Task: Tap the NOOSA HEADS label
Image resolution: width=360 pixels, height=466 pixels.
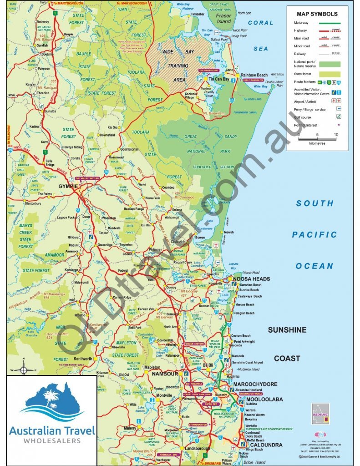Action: pyautogui.click(x=251, y=279)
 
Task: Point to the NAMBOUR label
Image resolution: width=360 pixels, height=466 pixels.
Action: pyautogui.click(x=164, y=374)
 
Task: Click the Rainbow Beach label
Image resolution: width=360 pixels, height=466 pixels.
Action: pyautogui.click(x=254, y=75)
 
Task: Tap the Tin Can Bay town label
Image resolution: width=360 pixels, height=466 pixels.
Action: pyautogui.click(x=219, y=79)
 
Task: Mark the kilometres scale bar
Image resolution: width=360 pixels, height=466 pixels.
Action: pyautogui.click(x=317, y=138)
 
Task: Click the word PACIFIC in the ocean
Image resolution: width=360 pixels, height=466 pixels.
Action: pyautogui.click(x=314, y=235)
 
